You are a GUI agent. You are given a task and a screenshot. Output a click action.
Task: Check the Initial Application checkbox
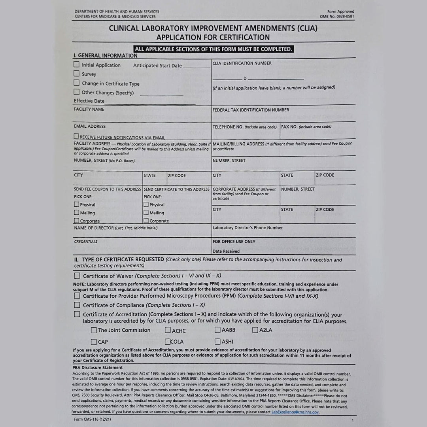point(76,64)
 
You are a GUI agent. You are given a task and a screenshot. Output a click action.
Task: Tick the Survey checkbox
point(76,74)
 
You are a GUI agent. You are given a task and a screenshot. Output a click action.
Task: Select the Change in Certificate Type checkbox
point(76,83)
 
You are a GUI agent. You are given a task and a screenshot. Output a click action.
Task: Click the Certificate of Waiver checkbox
point(77,276)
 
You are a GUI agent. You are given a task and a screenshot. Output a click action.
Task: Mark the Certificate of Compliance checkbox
point(77,305)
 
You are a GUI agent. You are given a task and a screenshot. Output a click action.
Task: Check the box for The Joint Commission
point(94,330)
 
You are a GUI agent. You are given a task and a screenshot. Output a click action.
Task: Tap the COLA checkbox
point(168,342)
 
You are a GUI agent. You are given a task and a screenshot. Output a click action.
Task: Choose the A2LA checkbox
point(255,330)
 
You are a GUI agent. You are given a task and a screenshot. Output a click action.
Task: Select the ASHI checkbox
point(217,342)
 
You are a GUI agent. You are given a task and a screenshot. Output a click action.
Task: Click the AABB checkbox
point(217,330)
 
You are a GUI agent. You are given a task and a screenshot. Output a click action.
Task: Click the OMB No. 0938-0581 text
point(337,17)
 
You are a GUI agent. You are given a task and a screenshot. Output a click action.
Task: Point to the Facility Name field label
point(89,109)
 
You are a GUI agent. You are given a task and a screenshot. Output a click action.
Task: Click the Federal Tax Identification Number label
point(251,110)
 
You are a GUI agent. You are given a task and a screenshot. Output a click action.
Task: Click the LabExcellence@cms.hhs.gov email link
point(295,412)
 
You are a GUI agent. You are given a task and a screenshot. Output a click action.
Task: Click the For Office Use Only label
point(234,242)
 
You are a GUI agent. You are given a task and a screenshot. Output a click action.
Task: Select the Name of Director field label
point(115,228)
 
